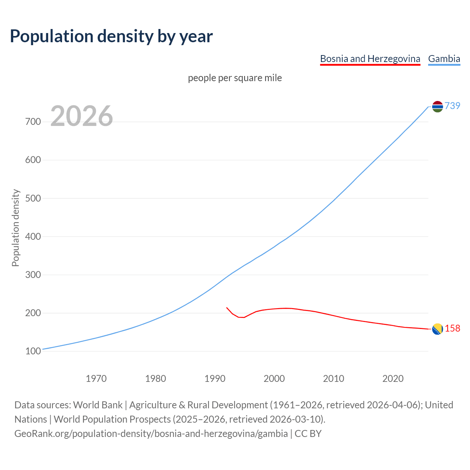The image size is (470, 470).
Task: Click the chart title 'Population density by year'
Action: (111, 36)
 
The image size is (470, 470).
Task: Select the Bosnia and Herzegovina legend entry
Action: (370, 59)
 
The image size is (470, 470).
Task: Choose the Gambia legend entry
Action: (444, 59)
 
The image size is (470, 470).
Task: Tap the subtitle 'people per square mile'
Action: (235, 78)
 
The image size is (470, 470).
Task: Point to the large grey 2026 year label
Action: (82, 116)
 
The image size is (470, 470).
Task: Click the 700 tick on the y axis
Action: (33, 122)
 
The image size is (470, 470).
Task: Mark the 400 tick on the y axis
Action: (33, 236)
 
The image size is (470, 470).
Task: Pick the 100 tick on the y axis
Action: (33, 351)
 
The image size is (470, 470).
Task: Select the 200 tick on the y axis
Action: (33, 313)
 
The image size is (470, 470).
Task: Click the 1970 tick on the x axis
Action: (96, 379)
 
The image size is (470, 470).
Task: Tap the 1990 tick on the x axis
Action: (215, 379)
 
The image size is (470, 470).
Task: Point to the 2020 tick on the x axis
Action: (393, 379)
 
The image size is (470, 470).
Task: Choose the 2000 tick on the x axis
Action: (274, 379)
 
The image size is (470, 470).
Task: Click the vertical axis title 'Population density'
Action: (15, 228)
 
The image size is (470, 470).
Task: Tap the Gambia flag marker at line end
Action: (437, 106)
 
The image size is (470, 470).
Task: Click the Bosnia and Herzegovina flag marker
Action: (437, 329)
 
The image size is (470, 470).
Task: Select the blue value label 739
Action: (452, 106)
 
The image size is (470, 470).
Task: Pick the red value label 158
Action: (452, 328)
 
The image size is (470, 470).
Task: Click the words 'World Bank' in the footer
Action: (98, 405)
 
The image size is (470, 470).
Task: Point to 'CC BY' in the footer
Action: (308, 434)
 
